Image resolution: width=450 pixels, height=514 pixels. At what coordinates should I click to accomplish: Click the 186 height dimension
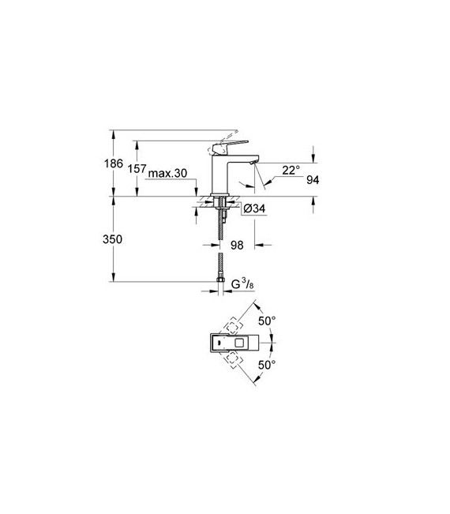(x=114, y=163)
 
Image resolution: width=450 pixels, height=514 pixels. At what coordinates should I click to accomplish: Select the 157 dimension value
(x=137, y=169)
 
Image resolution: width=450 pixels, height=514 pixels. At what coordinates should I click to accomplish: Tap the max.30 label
(x=167, y=173)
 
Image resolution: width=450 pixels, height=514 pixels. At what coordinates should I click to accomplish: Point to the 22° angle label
(x=291, y=170)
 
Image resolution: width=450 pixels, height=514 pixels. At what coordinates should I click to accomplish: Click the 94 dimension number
(x=313, y=180)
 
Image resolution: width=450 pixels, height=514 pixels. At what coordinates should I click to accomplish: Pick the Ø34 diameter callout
(x=255, y=208)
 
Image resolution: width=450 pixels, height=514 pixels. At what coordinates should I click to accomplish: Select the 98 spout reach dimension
(x=237, y=245)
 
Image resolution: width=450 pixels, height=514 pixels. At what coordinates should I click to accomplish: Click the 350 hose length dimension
(x=112, y=239)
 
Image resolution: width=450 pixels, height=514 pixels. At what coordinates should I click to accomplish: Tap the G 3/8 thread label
(x=242, y=284)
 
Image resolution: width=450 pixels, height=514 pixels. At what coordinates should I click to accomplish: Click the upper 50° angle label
(x=267, y=321)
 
